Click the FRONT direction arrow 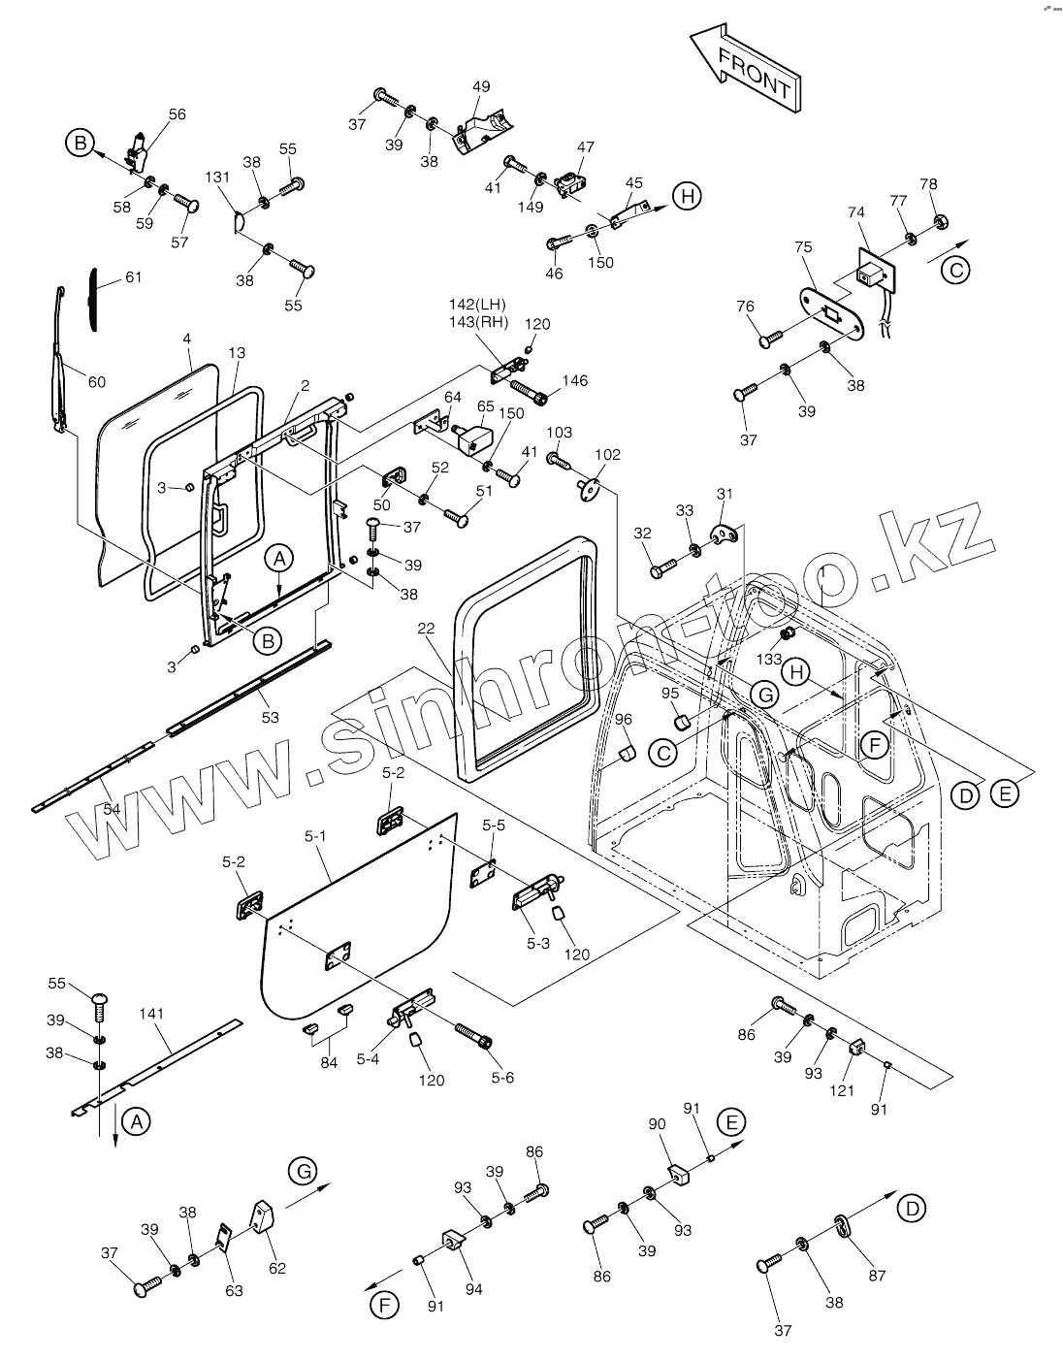(x=745, y=68)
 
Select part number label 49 (x=481, y=86)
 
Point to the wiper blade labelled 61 (x=93, y=299)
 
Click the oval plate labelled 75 (x=833, y=314)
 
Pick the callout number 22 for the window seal (x=426, y=628)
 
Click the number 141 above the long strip (x=151, y=1013)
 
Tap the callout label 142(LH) (x=477, y=305)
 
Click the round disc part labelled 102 (x=588, y=487)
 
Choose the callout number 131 (x=217, y=177)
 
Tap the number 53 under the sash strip (x=271, y=718)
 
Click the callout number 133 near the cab (x=769, y=659)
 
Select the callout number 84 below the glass (x=329, y=1062)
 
